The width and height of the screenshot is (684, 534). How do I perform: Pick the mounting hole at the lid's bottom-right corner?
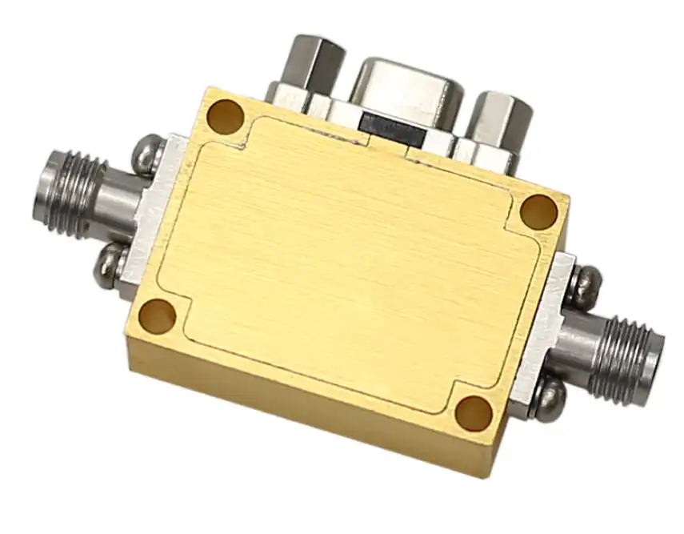point(474,412)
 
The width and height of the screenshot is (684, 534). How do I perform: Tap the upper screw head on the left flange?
point(145,153)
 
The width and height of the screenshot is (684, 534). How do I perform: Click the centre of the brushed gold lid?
point(348,264)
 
